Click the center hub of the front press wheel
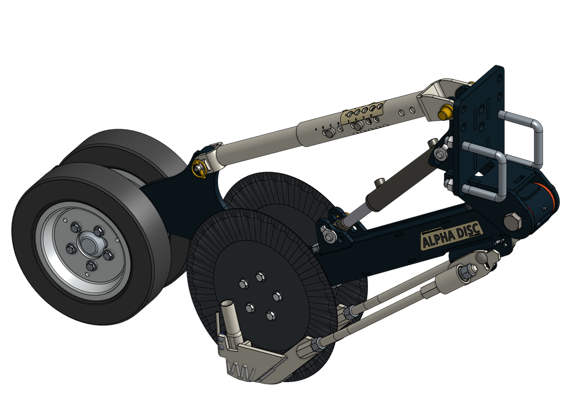click(87, 245)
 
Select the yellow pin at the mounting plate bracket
click(444, 111)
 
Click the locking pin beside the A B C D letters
click(330, 133)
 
